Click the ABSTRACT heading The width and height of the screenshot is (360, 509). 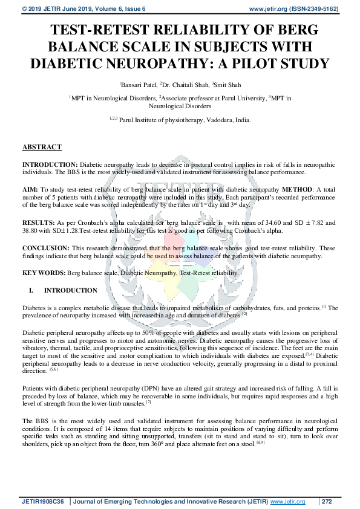pos(42,148)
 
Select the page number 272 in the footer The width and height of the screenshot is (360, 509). pos(327,502)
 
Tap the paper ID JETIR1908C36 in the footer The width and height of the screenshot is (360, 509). pos(45,502)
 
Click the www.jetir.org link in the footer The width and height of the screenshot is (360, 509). pos(287,502)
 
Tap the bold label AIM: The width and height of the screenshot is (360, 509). pos(31,190)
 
